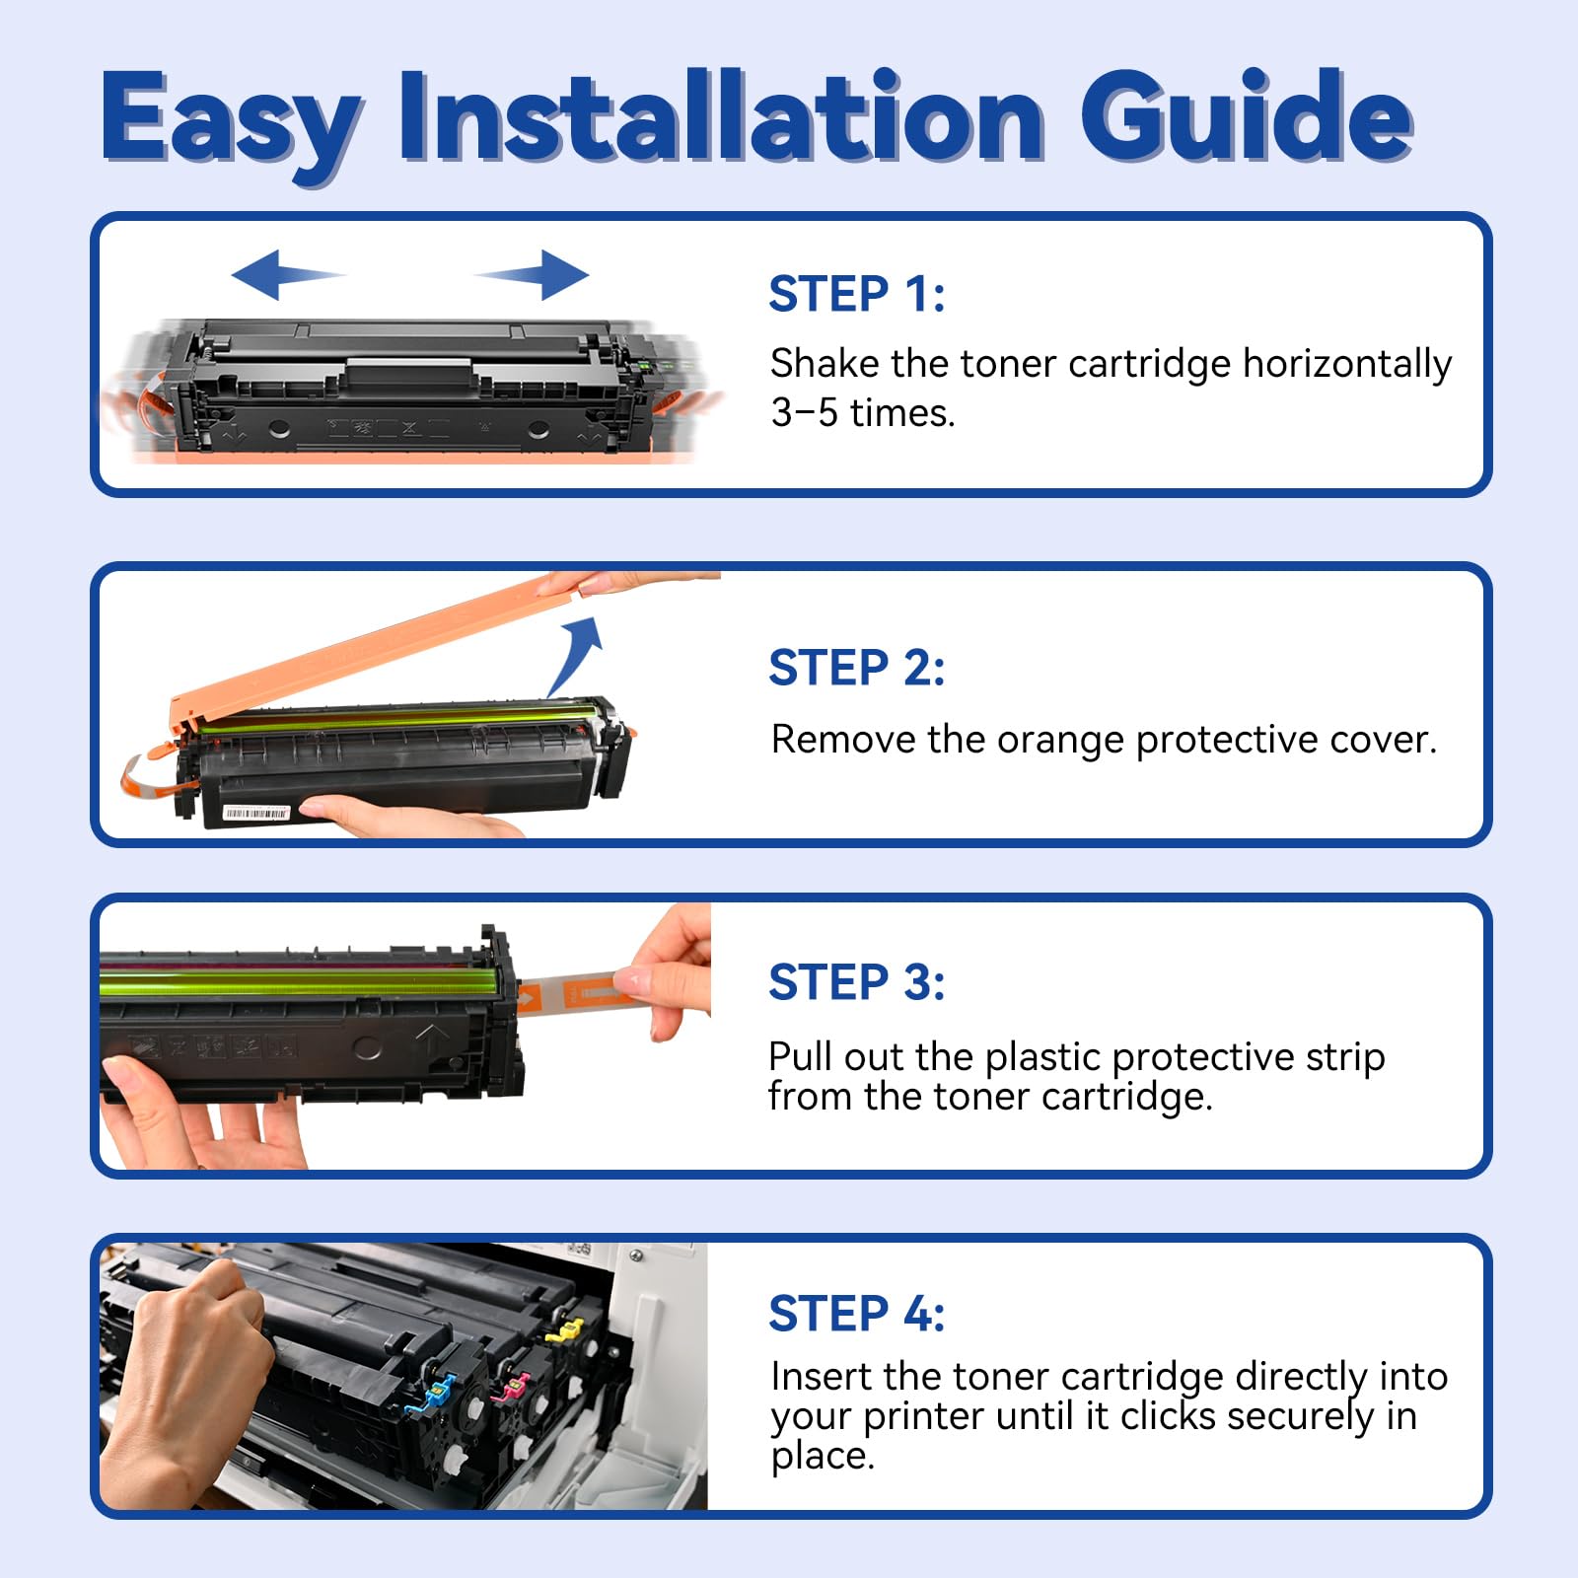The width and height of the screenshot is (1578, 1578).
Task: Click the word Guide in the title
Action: (1247, 118)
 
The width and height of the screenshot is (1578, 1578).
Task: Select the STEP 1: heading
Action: (856, 294)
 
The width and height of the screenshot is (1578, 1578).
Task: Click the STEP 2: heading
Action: (856, 668)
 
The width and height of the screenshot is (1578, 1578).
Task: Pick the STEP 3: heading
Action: (856, 982)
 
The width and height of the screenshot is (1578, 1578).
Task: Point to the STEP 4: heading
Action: (856, 1314)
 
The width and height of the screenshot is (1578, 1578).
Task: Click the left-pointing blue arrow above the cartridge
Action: (286, 274)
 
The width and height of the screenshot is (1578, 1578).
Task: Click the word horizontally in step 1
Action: (1346, 365)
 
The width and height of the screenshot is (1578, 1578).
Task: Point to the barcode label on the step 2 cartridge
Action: (256, 813)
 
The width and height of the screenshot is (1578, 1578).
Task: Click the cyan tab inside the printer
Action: (437, 1392)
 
